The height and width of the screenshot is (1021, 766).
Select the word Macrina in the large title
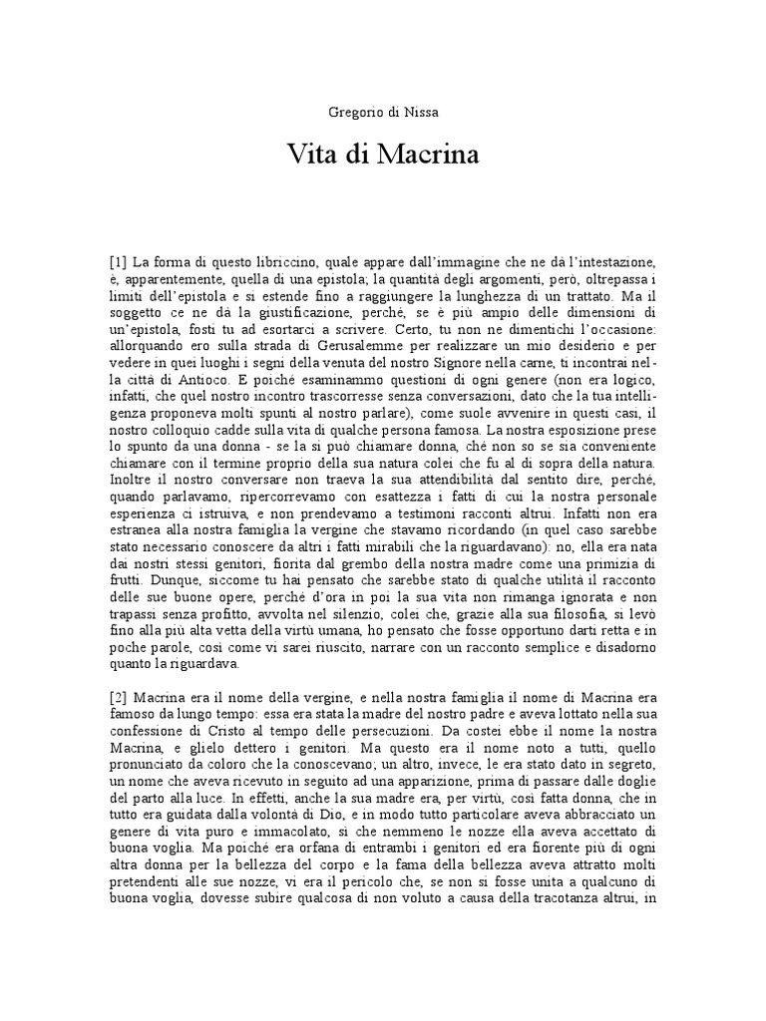coord(425,156)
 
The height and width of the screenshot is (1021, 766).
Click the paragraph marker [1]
coord(119,261)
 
